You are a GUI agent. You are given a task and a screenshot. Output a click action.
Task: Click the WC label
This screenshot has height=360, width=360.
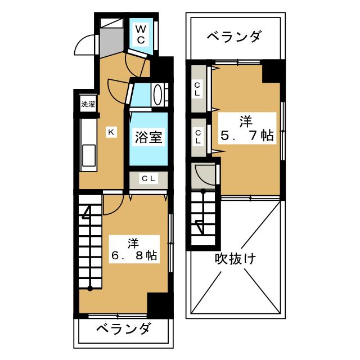141,34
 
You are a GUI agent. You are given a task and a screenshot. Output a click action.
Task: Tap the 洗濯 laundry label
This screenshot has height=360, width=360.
87,103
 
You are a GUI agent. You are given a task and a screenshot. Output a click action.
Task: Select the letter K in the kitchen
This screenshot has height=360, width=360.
111,132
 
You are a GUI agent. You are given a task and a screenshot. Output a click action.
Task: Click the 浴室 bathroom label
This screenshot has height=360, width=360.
149,137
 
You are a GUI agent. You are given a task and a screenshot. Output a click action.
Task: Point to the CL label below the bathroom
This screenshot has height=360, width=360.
149,179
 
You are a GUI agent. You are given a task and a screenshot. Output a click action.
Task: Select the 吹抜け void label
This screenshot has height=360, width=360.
235,259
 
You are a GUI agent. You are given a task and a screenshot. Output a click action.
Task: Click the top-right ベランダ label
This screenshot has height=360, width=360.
233,38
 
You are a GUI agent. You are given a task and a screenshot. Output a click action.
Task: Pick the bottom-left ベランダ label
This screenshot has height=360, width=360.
122,329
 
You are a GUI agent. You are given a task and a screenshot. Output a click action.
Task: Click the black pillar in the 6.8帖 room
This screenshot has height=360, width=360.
158,305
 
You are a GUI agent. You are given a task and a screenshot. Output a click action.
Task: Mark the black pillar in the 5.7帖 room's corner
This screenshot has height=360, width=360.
272,71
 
